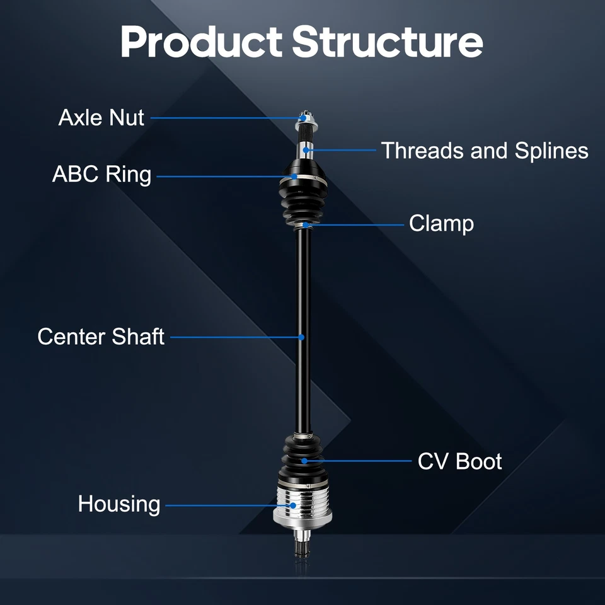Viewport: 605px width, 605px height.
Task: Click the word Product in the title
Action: coord(200,42)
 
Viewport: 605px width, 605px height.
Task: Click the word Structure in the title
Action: coord(388,42)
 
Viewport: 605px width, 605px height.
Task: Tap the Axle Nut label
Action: coord(101,117)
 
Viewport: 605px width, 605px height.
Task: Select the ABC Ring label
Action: coord(101,175)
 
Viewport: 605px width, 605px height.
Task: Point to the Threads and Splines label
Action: coord(485,151)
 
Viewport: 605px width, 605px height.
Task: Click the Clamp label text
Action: coord(441,223)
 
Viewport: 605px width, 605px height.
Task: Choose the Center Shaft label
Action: coord(101,337)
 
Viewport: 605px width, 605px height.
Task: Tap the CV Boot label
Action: coord(459,461)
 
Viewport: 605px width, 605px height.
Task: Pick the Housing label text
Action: coord(119,504)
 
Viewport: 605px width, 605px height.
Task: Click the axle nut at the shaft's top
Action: coord(304,117)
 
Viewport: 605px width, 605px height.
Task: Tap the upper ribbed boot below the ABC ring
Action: coord(303,202)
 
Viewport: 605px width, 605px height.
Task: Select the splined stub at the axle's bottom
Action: coord(303,546)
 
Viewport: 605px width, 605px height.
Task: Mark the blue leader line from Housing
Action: coord(227,505)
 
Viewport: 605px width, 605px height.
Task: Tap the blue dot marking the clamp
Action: coord(305,224)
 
